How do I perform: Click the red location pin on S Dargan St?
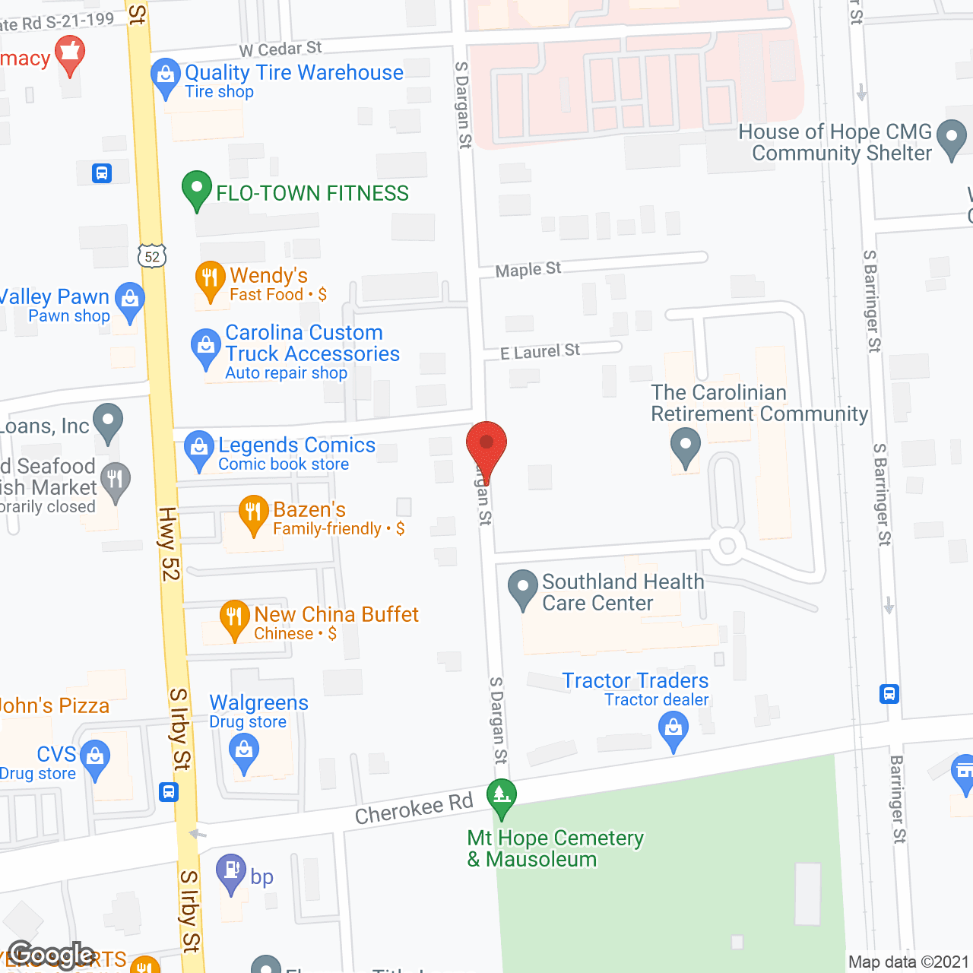(486, 445)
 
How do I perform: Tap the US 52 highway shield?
(152, 256)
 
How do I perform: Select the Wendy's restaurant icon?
(210, 279)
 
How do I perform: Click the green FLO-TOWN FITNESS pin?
(197, 189)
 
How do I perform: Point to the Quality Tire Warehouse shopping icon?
(165, 76)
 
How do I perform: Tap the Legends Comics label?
(296, 445)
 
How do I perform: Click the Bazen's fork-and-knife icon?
(253, 513)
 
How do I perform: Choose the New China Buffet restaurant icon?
(234, 618)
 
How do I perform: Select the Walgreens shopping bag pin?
(244, 753)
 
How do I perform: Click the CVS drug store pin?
(95, 758)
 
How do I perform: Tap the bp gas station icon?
(231, 871)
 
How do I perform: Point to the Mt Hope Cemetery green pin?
(501, 797)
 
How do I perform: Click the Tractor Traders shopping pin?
(673, 730)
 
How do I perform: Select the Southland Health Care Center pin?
(522, 588)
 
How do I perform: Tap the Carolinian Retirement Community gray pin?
(686, 445)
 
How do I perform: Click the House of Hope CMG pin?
(951, 138)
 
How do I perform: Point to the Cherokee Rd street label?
(414, 809)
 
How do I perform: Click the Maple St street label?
(528, 269)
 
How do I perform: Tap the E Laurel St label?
(540, 351)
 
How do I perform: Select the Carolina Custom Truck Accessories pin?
(205, 347)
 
